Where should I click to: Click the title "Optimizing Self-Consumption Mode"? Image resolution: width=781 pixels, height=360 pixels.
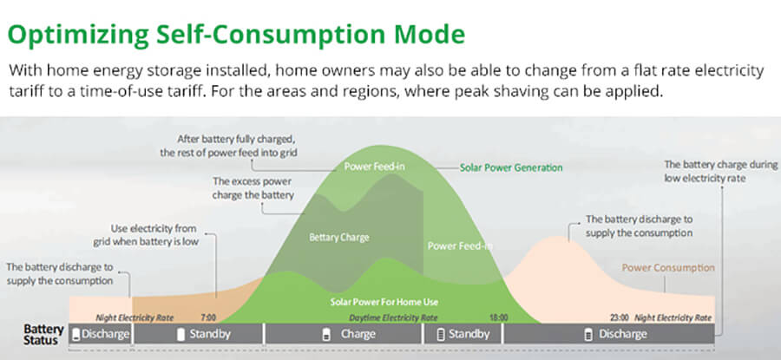[x=237, y=35]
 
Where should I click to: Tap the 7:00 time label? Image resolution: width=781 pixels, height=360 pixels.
[x=208, y=317]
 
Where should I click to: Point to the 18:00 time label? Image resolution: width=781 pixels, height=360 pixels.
[x=499, y=317]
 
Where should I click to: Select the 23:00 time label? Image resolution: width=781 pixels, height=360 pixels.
[x=620, y=317]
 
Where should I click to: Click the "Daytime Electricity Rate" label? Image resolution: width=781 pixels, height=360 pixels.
[x=393, y=317]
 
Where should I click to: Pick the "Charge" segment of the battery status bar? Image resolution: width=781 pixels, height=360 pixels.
[x=343, y=334]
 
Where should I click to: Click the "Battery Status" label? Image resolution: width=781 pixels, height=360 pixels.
[x=43, y=335]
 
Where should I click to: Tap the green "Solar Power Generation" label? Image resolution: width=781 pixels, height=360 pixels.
[x=511, y=167]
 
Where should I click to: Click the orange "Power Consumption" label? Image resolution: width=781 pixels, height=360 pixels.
[x=668, y=267]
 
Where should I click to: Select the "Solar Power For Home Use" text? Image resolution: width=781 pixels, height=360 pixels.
[x=384, y=302]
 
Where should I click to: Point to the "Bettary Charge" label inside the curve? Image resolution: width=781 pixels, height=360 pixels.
[x=339, y=237]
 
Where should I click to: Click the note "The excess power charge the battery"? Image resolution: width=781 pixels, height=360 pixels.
[x=253, y=188]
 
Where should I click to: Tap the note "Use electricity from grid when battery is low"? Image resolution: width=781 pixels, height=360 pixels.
[x=146, y=235]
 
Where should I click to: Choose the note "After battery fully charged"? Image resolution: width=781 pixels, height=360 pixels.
[x=228, y=146]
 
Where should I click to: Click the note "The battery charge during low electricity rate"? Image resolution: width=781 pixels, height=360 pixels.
[x=721, y=171]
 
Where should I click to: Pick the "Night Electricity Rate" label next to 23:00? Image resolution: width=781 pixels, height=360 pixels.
[x=673, y=317]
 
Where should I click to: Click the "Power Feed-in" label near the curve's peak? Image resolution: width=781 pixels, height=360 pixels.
[x=375, y=167]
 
